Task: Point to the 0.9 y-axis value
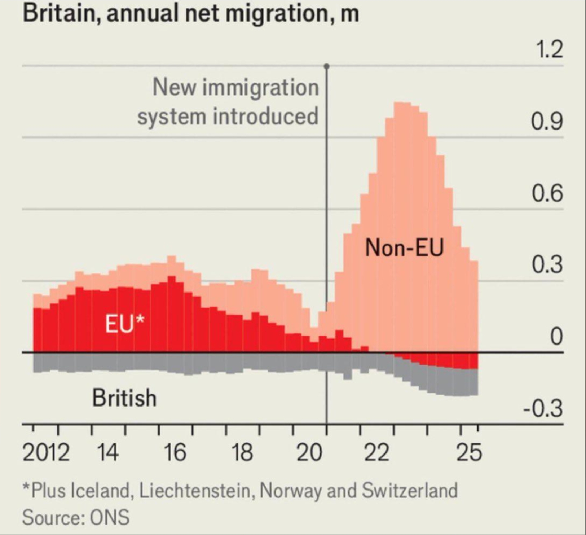click(546, 122)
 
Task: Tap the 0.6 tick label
click(546, 193)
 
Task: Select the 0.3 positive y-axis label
click(546, 265)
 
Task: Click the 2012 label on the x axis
click(46, 452)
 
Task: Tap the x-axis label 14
click(107, 452)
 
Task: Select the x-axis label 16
click(175, 452)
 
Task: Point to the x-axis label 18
click(242, 452)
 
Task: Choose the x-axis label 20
click(309, 452)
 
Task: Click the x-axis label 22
click(376, 452)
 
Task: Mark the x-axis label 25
click(469, 452)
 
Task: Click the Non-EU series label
click(404, 248)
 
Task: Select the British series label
click(124, 398)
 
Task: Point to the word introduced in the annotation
click(266, 117)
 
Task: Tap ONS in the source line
click(109, 518)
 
